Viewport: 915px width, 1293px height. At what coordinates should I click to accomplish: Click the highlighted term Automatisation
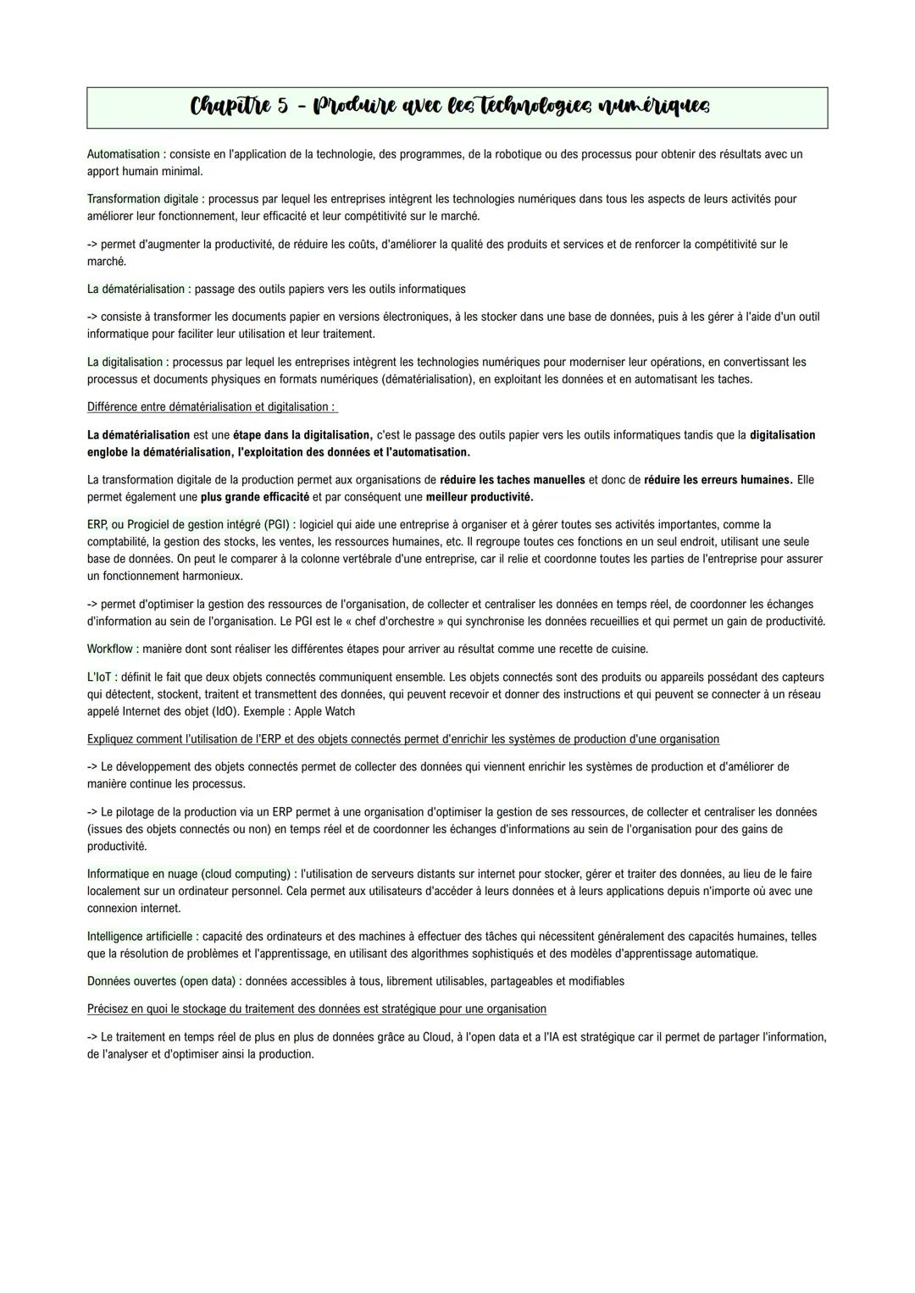point(124,154)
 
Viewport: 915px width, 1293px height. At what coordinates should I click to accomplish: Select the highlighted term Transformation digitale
point(142,199)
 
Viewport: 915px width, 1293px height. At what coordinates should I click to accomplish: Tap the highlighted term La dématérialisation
point(136,289)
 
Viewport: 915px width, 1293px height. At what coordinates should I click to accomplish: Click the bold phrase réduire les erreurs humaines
point(718,480)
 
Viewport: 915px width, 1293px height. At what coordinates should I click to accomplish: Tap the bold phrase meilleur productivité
point(480,497)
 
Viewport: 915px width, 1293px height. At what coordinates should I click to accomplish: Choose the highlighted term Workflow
point(110,649)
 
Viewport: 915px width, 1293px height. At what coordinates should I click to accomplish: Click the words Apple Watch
point(324,712)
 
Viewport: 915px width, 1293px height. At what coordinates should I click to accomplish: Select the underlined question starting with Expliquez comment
point(403,739)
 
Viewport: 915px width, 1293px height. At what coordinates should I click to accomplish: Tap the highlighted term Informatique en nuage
point(188,874)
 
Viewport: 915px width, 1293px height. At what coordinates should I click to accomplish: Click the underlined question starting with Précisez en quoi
point(317,1009)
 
